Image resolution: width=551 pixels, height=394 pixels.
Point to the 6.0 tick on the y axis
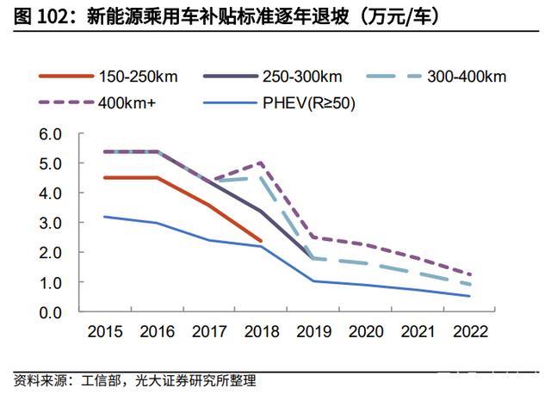pyautogui.click(x=52, y=134)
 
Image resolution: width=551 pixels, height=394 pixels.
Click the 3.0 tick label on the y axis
pyautogui.click(x=52, y=223)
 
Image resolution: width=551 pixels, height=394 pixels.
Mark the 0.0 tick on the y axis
pyautogui.click(x=52, y=311)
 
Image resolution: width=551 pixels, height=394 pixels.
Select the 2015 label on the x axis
pyautogui.click(x=104, y=331)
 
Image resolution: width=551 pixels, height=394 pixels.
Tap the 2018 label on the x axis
pyautogui.click(x=261, y=331)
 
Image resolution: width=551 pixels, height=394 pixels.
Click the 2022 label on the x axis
pyautogui.click(x=470, y=331)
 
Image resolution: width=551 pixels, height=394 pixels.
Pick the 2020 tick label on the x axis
pyautogui.click(x=366, y=331)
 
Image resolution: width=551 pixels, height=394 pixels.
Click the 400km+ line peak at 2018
pyautogui.click(x=261, y=163)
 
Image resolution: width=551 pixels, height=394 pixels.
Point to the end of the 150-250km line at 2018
pyautogui.click(x=261, y=241)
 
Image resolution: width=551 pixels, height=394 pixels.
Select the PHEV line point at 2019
pyautogui.click(x=313, y=280)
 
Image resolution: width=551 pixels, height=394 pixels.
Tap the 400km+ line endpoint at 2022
pyautogui.click(x=470, y=274)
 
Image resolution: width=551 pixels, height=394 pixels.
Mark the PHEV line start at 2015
pyautogui.click(x=104, y=217)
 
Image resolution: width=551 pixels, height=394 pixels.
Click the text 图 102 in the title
pyautogui.click(x=42, y=16)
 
